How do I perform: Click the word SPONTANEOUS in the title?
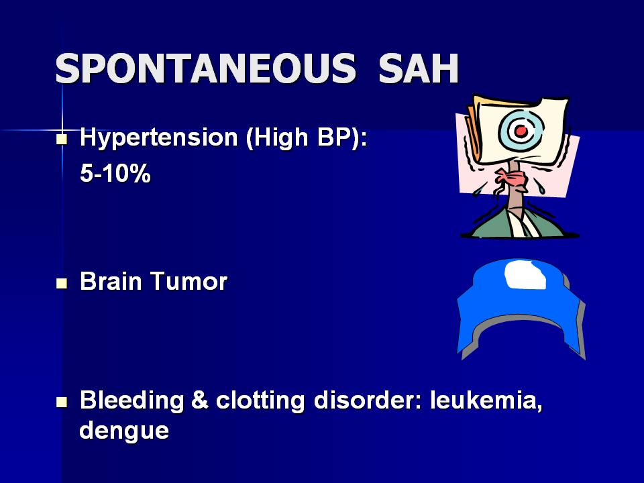[x=205, y=68]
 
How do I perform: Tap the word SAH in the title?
[x=418, y=68]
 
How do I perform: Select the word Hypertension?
[x=158, y=138]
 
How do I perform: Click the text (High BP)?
[x=307, y=138]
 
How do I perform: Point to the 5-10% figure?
[x=115, y=173]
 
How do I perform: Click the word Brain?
[x=111, y=281]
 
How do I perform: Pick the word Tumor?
[x=189, y=281]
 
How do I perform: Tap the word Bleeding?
[x=131, y=400]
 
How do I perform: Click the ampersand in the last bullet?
[x=200, y=400]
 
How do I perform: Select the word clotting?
[x=260, y=400]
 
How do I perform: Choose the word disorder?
[x=368, y=400]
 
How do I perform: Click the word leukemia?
[x=486, y=400]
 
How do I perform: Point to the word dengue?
[x=124, y=431]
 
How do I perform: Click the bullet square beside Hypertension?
[x=62, y=139]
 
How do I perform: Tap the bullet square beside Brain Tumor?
[x=62, y=283]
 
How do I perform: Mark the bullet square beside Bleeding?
[x=62, y=402]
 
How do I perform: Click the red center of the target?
[x=521, y=131]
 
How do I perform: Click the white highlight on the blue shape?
[x=525, y=275]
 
